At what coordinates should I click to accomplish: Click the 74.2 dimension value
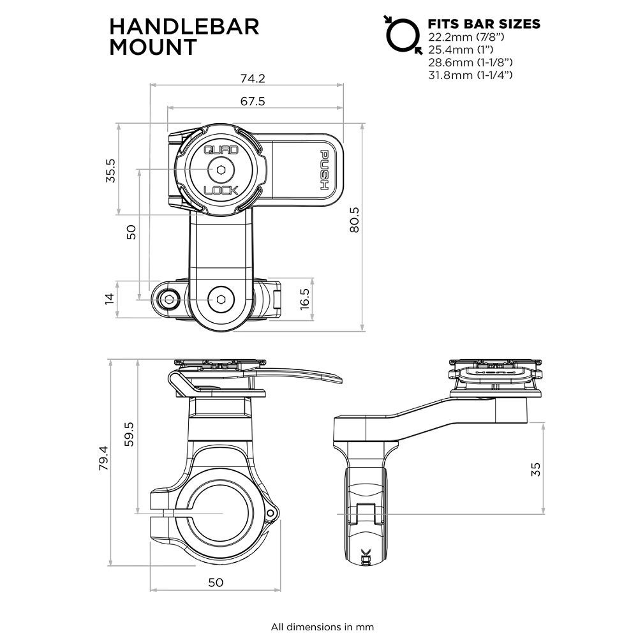[253, 79]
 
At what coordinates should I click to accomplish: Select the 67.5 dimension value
[253, 101]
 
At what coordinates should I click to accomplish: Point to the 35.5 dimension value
[110, 171]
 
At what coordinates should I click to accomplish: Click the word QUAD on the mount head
[220, 151]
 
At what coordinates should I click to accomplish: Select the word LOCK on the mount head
[220, 190]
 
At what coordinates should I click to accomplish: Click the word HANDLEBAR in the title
[184, 26]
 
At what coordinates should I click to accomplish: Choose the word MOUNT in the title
[153, 47]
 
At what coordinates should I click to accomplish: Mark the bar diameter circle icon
[401, 34]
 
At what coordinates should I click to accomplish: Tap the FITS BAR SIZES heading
[484, 24]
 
